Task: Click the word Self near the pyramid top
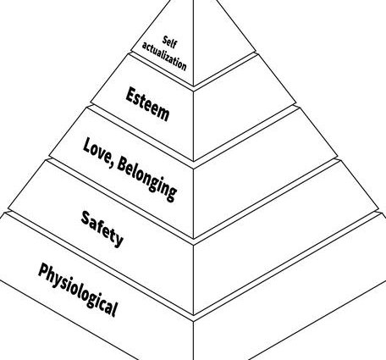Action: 169,42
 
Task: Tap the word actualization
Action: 164,57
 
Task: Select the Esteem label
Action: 147,104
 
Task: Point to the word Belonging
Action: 146,180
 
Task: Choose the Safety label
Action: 102,229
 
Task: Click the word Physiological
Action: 78,290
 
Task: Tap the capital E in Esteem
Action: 131,95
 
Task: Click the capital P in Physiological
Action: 43,270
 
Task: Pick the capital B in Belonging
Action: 123,165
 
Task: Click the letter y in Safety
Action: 119,241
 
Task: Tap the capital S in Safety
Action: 86,218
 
